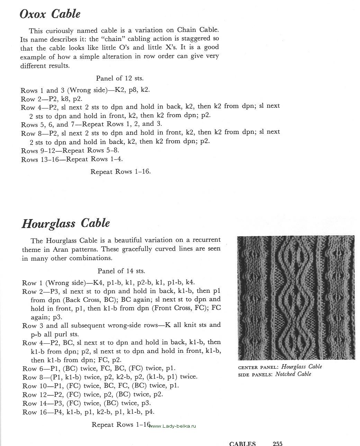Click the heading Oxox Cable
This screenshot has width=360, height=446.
[50, 14]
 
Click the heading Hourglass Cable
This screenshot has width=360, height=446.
[66, 224]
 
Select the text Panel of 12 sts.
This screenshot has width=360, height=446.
[120, 78]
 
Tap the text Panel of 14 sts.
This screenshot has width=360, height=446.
[121, 271]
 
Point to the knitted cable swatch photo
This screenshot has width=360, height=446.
[296, 298]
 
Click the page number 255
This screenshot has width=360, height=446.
[278, 443]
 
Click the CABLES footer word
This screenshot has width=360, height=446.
[242, 443]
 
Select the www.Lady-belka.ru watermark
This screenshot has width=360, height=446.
[173, 426]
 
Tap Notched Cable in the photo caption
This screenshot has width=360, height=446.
[293, 374]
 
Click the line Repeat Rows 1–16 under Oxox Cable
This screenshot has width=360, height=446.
[120, 172]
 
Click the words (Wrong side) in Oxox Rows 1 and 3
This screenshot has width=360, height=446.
[87, 90]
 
